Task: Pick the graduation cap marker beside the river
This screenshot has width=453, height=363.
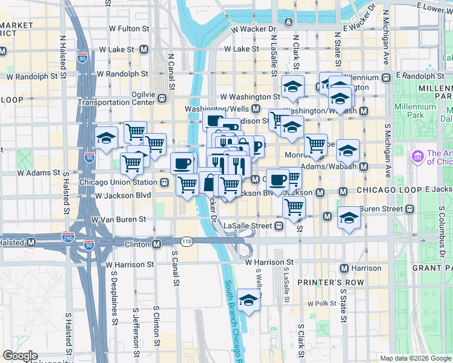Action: pos(248,299)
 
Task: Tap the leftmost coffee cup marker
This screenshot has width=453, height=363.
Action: pos(182,163)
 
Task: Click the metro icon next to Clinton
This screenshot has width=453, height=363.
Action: pos(156,244)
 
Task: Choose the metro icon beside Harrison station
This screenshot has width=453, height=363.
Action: pos(344,268)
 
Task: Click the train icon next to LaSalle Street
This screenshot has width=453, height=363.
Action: pos(279,226)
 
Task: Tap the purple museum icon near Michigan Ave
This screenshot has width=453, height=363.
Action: pos(417,157)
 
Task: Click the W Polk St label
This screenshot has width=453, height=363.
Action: pos(320,303)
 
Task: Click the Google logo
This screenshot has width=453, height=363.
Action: pos(20,356)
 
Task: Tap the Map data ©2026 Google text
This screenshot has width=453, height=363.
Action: pos(415,358)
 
